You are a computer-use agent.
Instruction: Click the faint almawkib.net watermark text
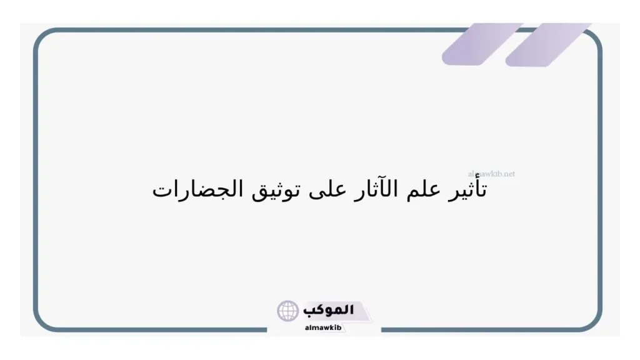pyautogui.click(x=491, y=174)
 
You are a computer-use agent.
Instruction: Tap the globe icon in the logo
pyautogui.click(x=289, y=311)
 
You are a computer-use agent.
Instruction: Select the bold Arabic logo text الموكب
pyautogui.click(x=329, y=310)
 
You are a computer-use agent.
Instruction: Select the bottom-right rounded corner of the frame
pyautogui.click(x=594, y=321)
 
